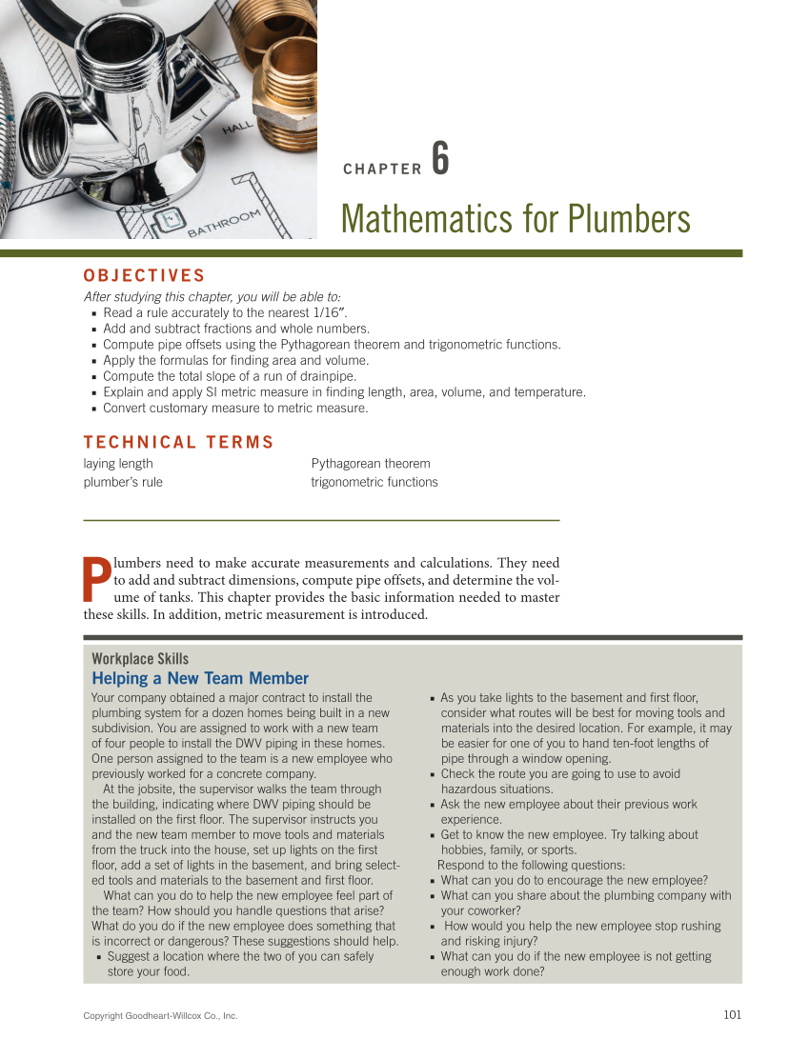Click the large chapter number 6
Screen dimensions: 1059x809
[439, 159]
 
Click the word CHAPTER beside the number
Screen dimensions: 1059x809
[381, 170]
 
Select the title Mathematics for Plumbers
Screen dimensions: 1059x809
[515, 219]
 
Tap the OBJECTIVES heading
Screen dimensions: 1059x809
[144, 276]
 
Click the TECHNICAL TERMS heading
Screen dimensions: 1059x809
[178, 442]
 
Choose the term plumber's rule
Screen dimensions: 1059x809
[123, 482]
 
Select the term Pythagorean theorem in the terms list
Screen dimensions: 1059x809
[370, 464]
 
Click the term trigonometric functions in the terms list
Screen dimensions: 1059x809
[374, 482]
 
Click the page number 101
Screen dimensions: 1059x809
[732, 1015]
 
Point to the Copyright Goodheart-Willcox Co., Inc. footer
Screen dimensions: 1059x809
[160, 1016]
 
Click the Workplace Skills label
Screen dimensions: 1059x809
[140, 659]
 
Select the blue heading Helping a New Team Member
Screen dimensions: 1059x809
[200, 678]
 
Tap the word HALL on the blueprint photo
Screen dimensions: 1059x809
[237, 129]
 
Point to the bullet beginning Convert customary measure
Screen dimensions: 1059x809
[234, 409]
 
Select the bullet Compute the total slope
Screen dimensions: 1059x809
[229, 376]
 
